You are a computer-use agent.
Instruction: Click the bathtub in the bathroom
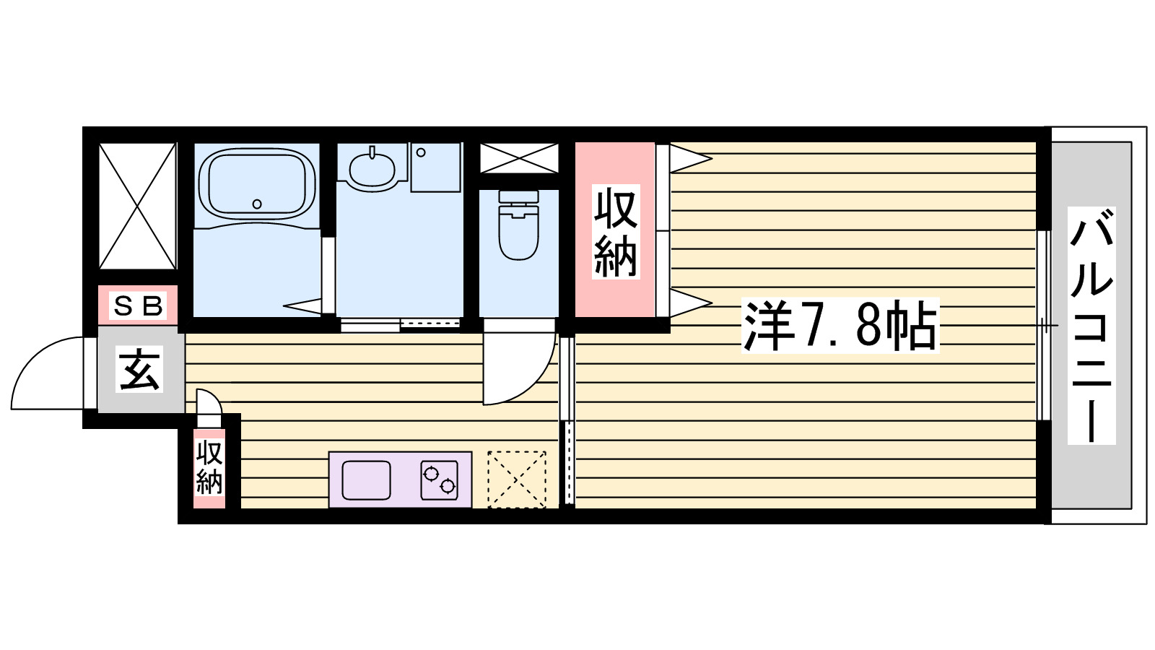(x=257, y=184)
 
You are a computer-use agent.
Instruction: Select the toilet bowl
(x=518, y=227)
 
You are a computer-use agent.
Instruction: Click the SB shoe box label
(x=138, y=306)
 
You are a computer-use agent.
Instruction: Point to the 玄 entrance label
(x=140, y=370)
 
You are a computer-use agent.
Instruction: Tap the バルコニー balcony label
(x=1091, y=325)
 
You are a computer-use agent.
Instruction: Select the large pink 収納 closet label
(x=616, y=233)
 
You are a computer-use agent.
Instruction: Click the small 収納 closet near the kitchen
(x=209, y=468)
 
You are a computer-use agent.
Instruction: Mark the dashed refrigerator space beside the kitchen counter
(x=517, y=480)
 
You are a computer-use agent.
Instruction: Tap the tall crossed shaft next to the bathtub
(x=138, y=206)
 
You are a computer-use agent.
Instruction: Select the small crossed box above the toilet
(x=519, y=158)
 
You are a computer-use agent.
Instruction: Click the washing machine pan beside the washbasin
(x=435, y=167)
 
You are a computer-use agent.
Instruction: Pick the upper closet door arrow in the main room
(x=690, y=158)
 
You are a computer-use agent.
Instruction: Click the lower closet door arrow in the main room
(x=690, y=303)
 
